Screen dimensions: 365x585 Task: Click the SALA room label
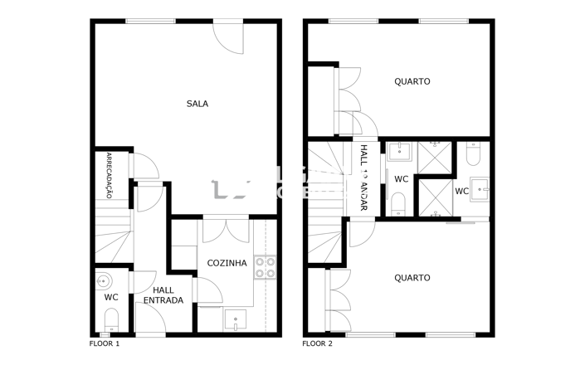197,104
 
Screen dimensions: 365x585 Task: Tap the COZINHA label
227,263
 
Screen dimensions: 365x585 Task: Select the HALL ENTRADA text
163,295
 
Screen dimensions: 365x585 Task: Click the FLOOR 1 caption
105,343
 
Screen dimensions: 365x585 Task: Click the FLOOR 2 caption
318,343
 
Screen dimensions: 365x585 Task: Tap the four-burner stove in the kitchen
265,267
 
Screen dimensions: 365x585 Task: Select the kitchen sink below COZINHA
236,319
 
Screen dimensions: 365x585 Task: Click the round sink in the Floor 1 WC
105,280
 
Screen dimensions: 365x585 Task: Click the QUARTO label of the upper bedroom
412,81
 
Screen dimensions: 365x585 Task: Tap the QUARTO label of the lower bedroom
412,278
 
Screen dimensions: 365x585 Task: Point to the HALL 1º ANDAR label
363,178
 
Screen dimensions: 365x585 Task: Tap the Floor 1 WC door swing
143,282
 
